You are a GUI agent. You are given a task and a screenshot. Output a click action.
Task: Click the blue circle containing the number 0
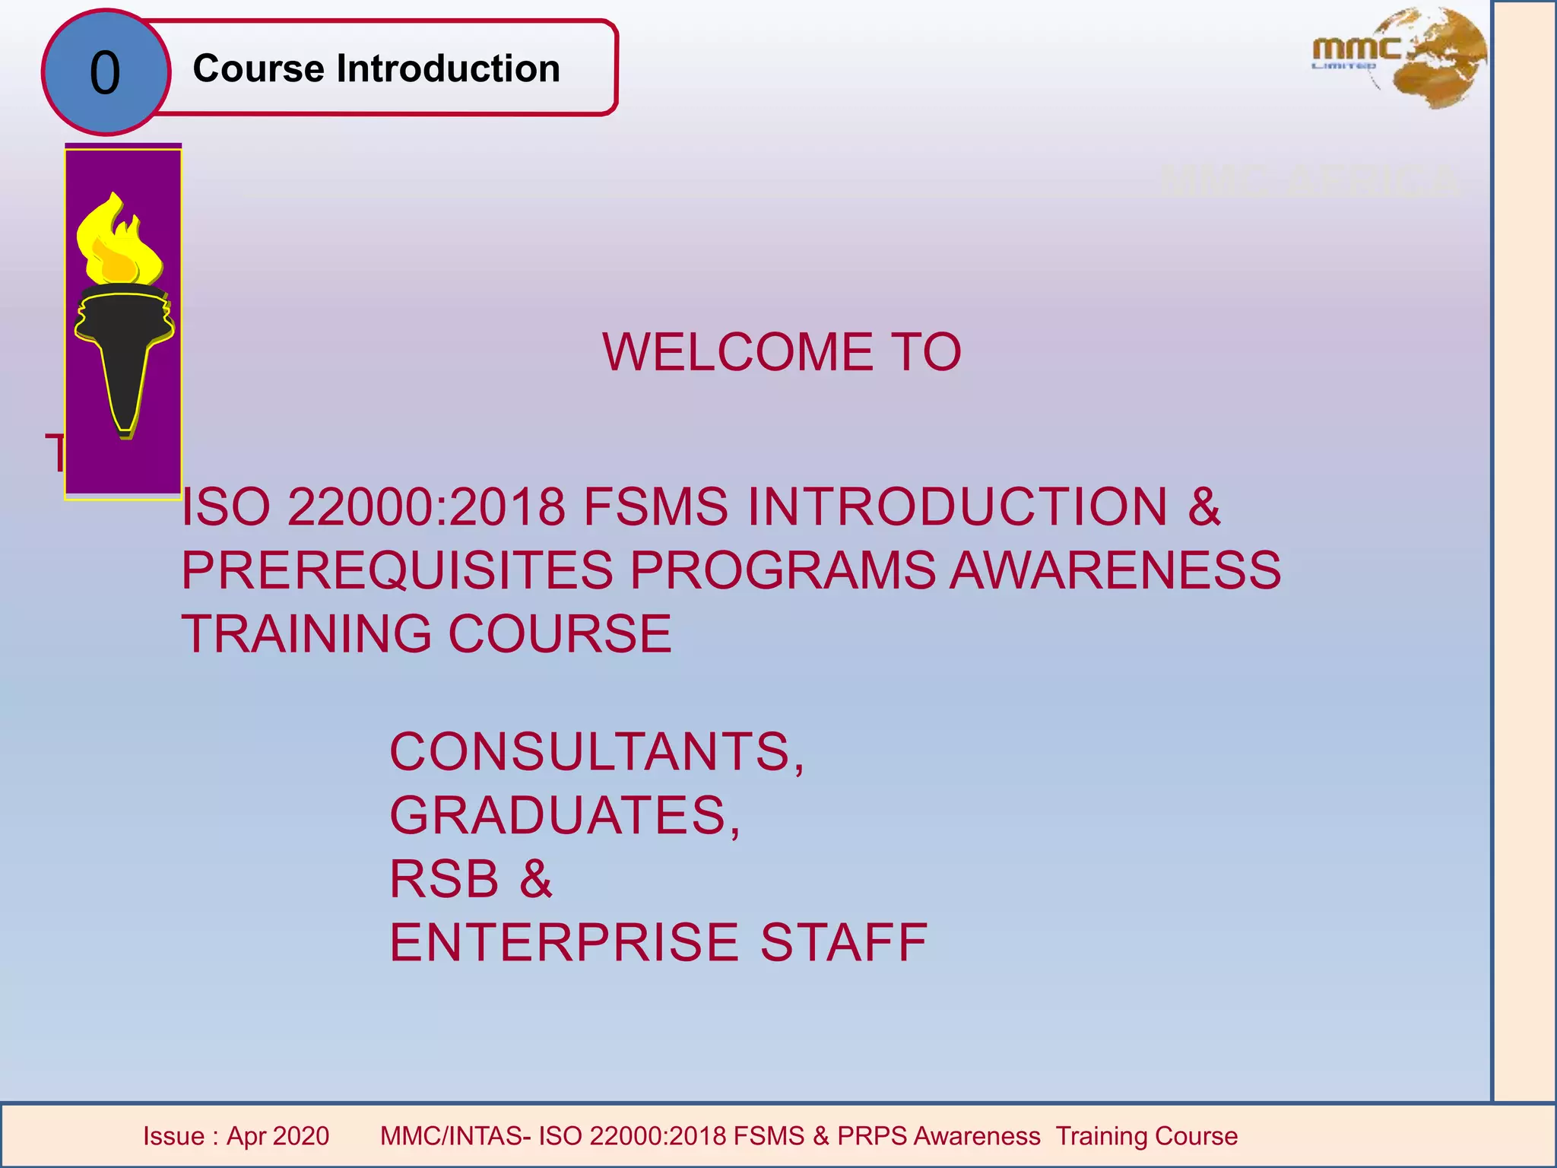[106, 73]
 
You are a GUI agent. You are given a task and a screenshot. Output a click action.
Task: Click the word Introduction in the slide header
[449, 68]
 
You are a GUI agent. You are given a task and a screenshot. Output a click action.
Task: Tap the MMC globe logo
[1400, 59]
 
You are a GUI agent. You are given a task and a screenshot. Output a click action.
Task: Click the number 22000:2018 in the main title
[426, 507]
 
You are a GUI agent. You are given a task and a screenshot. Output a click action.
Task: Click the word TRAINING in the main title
[307, 634]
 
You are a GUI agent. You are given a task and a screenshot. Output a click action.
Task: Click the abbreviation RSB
[444, 879]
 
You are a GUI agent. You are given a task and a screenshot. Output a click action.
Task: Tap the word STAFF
[844, 943]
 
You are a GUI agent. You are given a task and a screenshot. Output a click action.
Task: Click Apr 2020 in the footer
[277, 1136]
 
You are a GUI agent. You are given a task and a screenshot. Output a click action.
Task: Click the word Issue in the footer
[174, 1136]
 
